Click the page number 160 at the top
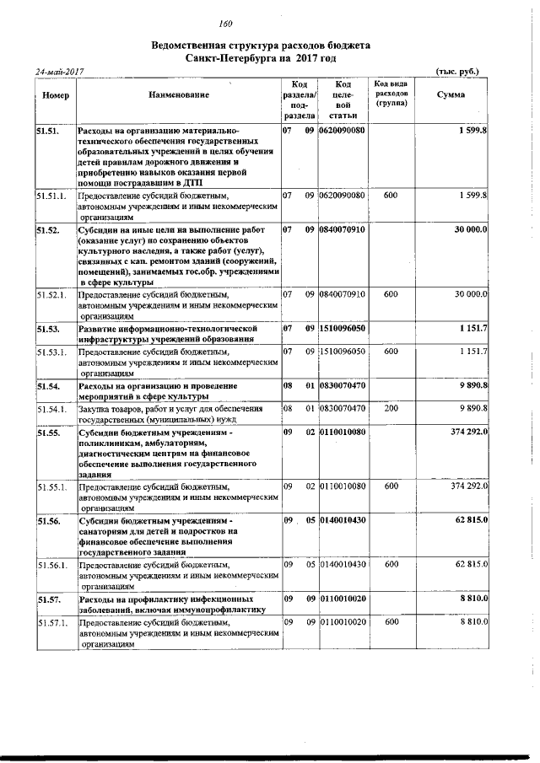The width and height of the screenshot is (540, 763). pos(225,23)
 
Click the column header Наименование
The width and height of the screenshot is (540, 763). pos(178,95)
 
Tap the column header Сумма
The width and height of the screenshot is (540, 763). pos(451,95)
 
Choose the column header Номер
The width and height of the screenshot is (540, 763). pos(55,95)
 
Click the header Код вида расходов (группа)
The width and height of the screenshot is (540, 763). pos(391,94)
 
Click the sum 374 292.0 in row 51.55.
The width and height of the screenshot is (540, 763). pos(462,433)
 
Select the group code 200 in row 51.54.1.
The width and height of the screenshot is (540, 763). pos(391,408)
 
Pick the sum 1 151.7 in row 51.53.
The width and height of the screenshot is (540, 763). pos(472,327)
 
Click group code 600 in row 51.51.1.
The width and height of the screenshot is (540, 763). pos(391,196)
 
